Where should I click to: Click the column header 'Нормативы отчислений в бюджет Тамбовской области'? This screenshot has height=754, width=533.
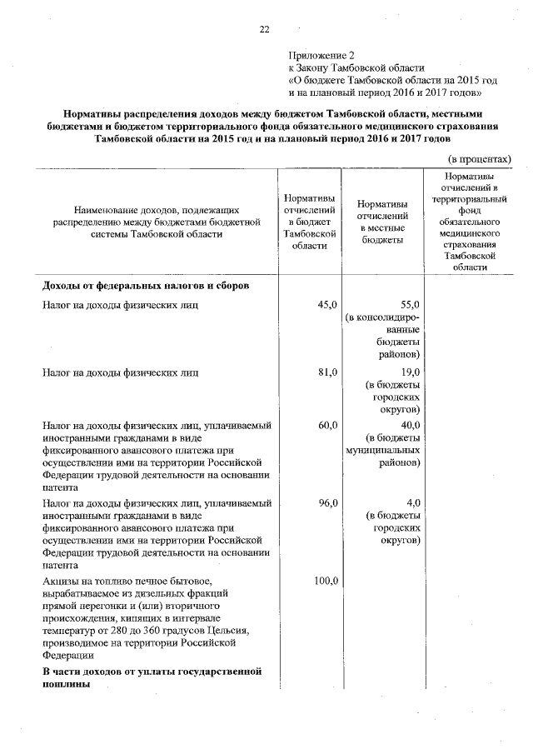pyautogui.click(x=310, y=222)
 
